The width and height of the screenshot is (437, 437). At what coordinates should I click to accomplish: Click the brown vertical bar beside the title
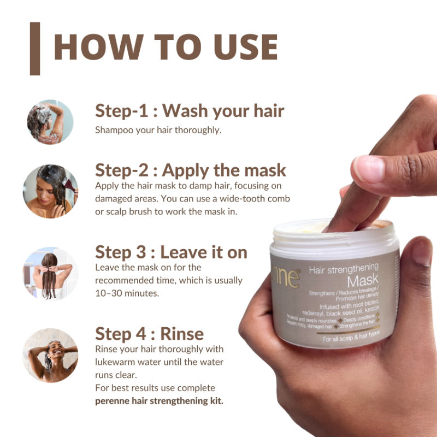(35, 49)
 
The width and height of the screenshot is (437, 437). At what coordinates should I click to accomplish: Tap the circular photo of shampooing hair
(50, 122)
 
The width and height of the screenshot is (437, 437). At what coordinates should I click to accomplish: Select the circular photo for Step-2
(50, 191)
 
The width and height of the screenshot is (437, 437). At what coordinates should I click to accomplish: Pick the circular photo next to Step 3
(50, 273)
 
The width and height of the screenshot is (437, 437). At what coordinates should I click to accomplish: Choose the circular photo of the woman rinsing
(50, 355)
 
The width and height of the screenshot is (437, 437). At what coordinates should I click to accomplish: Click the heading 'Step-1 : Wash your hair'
(190, 111)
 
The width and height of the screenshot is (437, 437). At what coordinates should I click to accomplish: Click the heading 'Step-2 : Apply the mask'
(191, 169)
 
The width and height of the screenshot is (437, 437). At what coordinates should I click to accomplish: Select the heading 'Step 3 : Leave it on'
(171, 252)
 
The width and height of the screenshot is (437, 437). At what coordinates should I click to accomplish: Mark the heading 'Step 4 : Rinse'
(149, 333)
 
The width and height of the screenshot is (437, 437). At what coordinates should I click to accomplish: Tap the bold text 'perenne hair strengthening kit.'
(160, 400)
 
